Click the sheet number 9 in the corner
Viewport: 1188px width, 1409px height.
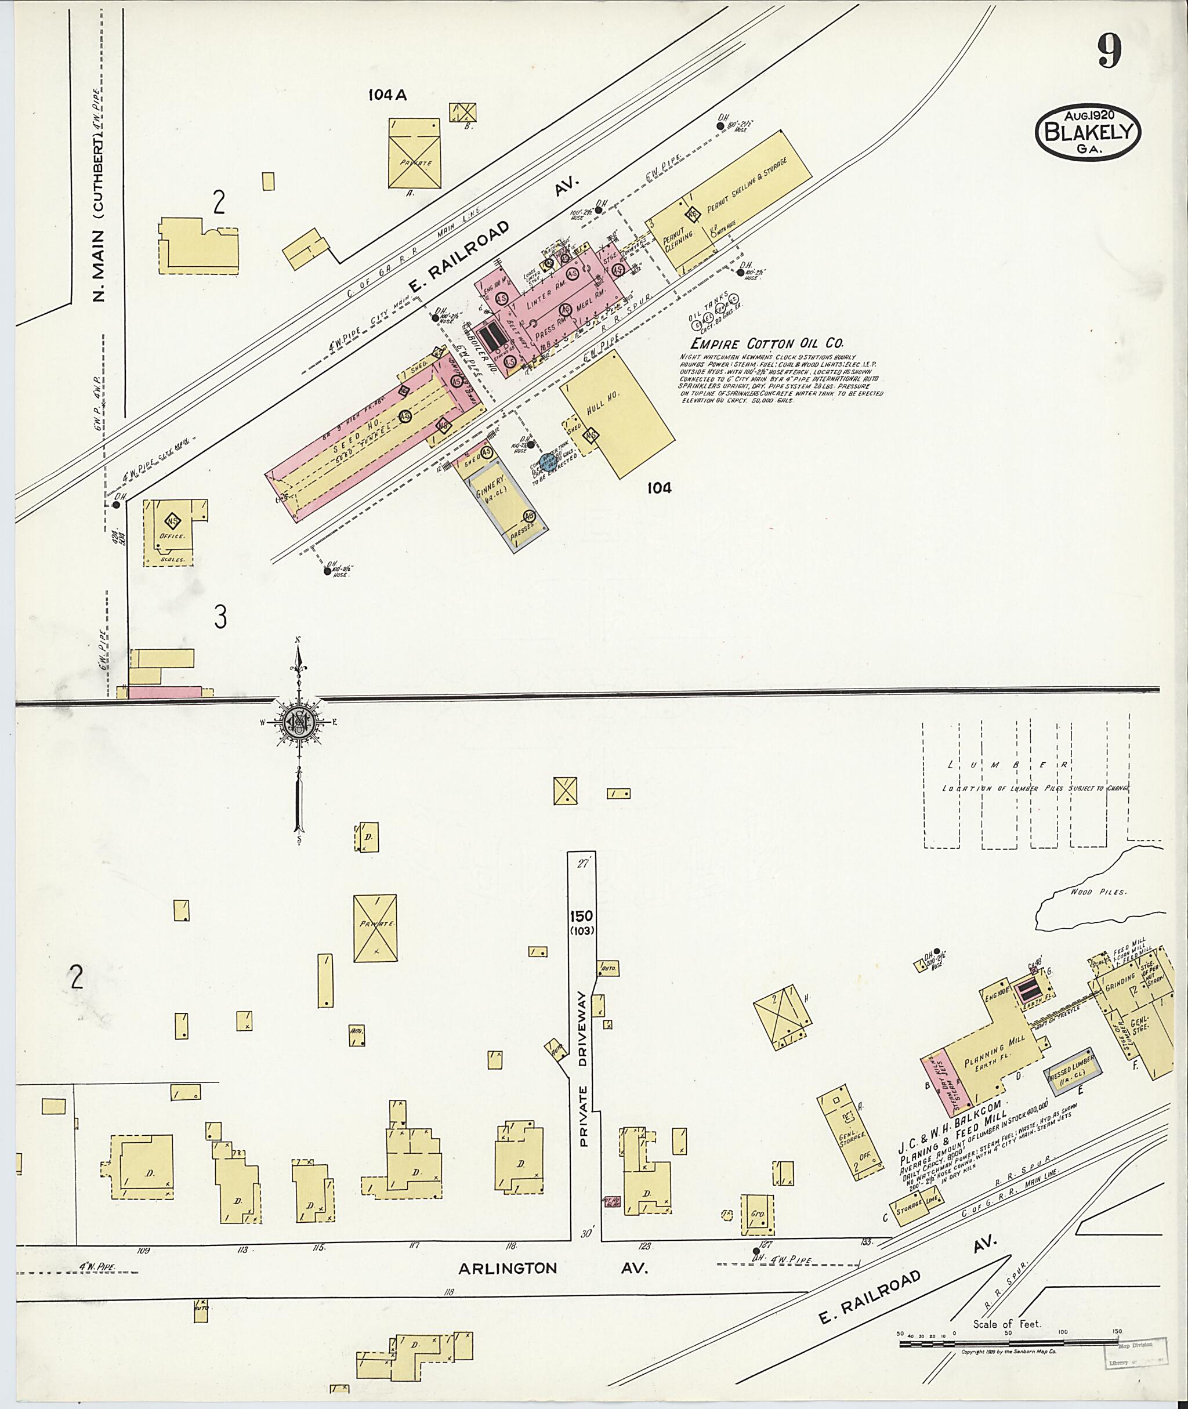coord(1109,51)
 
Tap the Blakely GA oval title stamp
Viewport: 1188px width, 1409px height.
coord(1088,132)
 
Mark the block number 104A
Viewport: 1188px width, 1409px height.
coord(387,96)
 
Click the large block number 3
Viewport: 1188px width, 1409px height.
coord(220,617)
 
